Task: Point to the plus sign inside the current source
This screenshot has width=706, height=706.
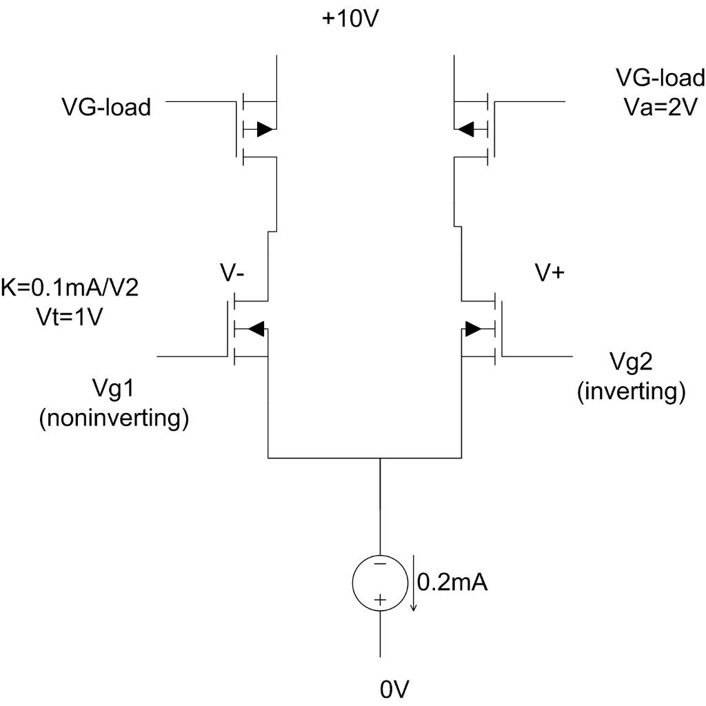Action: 379,601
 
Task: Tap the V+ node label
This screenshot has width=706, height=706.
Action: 550,272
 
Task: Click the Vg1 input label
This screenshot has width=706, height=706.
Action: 114,390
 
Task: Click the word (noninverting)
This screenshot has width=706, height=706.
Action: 114,418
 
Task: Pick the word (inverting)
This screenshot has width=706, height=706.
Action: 631,391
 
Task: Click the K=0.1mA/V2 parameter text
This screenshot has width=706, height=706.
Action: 71,287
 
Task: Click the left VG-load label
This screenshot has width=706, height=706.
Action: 105,108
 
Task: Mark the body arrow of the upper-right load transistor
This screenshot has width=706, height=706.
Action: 467,128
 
